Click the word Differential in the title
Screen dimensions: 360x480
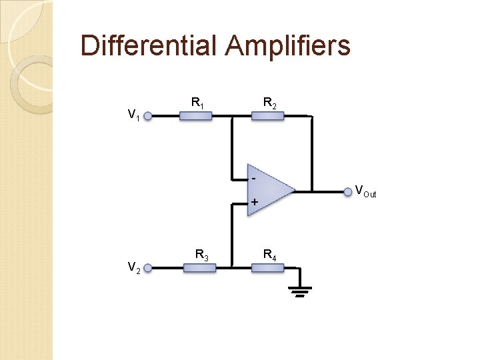tap(149, 46)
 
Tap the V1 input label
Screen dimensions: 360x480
tap(133, 115)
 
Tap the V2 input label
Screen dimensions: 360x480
tap(133, 267)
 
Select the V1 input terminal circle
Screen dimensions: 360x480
tap(148, 116)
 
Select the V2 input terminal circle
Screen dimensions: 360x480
tap(148, 268)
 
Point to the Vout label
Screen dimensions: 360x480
tap(365, 191)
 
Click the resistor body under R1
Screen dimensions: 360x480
tap(196, 116)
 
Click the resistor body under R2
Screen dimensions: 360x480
tap(267, 116)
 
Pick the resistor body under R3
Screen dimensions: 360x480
tap(199, 268)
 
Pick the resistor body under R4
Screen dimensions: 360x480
tap(268, 268)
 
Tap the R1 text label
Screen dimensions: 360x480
tap(197, 103)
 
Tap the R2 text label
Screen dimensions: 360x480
tap(270, 103)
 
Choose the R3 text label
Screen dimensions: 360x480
tap(201, 254)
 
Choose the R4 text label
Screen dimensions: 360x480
tap(270, 254)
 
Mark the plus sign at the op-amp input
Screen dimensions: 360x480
tap(254, 202)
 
